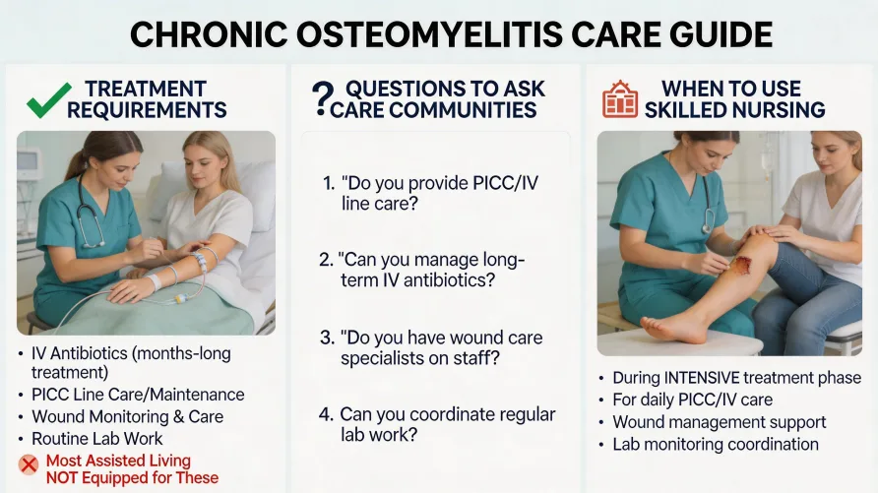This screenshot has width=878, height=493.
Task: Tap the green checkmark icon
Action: (48, 99)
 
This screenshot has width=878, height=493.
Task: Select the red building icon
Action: (620, 99)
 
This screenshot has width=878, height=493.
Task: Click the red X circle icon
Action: (29, 464)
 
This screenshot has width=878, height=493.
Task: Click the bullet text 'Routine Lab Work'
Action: (95, 438)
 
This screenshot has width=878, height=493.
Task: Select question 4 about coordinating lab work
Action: (438, 425)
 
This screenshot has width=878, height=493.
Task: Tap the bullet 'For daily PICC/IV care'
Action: (692, 400)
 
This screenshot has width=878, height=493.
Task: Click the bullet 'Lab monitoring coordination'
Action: (715, 444)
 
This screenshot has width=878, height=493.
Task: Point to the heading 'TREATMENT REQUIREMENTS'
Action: (147, 99)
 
